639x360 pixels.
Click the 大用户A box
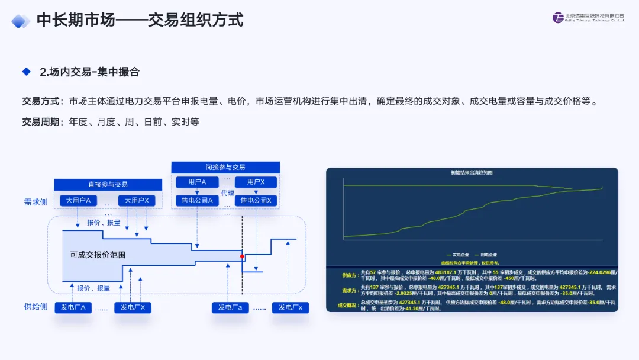(78, 201)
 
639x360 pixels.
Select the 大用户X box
(137, 201)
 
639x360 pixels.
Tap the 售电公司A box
(197, 201)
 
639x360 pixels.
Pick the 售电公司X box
(256, 201)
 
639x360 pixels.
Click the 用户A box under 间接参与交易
(197, 182)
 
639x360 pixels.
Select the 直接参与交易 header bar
(108, 184)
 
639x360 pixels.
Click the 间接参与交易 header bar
(225, 167)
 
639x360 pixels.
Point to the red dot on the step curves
(242, 256)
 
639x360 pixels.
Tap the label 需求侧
(35, 201)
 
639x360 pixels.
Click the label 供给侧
(35, 307)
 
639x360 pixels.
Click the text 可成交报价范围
(98, 255)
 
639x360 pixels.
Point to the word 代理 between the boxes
(227, 192)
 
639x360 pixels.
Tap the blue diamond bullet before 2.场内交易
(26, 72)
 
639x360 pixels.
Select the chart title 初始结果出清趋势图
(472, 173)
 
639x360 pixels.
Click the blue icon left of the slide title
(21, 21)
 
